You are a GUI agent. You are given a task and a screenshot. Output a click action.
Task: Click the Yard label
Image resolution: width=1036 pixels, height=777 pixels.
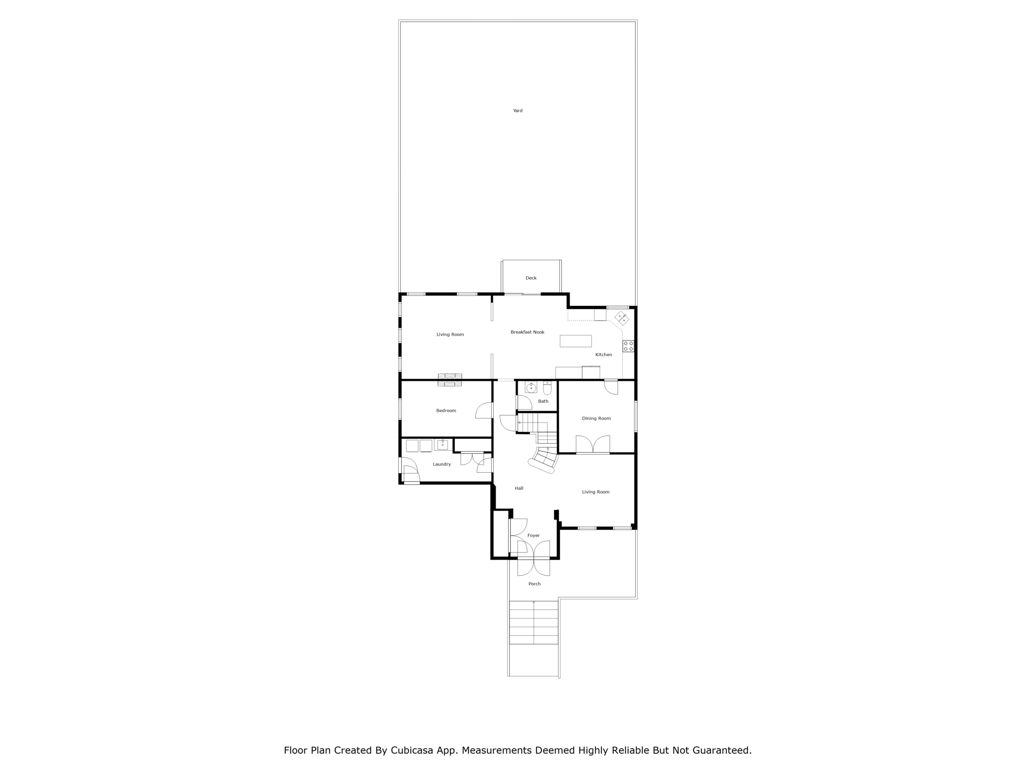coord(518,111)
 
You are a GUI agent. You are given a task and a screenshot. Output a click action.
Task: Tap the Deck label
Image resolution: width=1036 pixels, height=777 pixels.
coord(531,278)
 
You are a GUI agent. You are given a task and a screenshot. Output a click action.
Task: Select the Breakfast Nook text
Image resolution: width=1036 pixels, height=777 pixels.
coord(527,332)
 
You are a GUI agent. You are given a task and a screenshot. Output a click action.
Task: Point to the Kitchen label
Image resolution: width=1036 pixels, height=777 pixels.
coord(604,355)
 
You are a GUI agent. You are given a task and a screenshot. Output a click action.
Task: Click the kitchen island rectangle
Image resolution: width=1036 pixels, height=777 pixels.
coord(575,341)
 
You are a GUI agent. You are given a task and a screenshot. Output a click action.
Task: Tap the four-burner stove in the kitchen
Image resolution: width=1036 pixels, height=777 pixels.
coord(628,346)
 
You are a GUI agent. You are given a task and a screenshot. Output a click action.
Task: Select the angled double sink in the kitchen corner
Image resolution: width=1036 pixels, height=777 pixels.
coord(622,318)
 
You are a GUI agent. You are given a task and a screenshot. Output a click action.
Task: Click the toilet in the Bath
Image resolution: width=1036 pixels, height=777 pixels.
coord(547,388)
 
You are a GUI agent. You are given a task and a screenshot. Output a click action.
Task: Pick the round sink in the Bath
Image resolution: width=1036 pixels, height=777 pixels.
coord(531,388)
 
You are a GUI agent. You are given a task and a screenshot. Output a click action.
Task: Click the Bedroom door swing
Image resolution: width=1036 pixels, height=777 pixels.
coord(484,410)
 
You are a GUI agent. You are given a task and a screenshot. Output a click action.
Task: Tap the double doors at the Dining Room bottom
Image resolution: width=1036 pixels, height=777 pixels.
coord(593,444)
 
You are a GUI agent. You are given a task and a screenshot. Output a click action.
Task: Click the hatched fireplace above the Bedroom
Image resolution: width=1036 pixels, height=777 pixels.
coord(450,380)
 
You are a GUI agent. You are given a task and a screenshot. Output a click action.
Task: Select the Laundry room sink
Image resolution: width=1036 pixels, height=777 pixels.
coord(442,444)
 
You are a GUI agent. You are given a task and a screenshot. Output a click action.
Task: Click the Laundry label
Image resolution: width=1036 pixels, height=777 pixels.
coord(442,465)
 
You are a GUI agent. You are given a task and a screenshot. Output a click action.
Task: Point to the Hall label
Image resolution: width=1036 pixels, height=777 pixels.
coord(519,488)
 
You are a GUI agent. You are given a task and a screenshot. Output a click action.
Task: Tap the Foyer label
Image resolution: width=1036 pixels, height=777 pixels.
coord(533,536)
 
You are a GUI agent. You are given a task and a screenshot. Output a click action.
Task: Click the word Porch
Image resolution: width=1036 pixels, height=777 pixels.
coord(535,584)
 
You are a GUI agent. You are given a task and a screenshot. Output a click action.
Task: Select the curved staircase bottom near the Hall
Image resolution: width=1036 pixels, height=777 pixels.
coord(543,461)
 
